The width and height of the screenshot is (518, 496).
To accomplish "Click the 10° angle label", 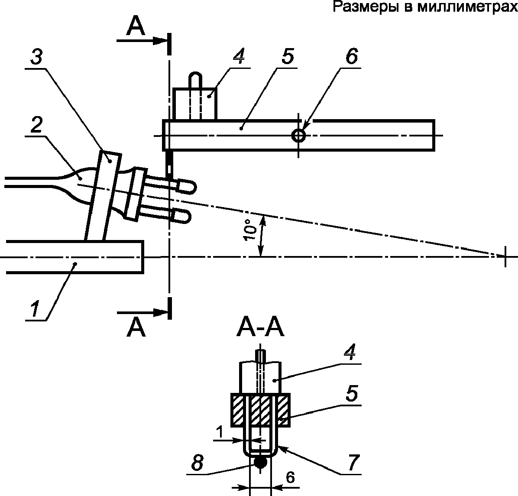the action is point(251,229).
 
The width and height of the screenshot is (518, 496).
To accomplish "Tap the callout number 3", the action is point(37,57).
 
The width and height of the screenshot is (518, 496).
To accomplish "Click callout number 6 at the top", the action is point(352,56).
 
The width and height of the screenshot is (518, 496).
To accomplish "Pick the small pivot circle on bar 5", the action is point(298,135).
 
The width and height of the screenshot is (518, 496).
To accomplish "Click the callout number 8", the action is point(197,463).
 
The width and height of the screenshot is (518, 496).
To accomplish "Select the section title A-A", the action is point(260,329).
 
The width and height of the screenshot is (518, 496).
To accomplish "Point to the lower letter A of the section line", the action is point(136,328).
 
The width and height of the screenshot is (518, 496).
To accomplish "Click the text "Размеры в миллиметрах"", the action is point(425,6).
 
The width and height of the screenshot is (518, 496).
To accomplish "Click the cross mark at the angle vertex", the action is point(505,256).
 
